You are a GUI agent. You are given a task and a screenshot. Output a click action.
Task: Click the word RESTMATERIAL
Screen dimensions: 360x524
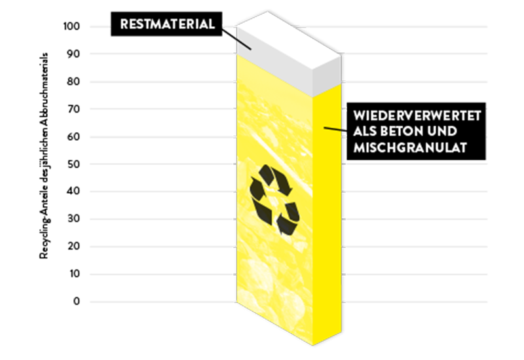167,25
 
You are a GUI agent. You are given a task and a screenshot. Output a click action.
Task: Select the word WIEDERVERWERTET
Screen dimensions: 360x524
417,116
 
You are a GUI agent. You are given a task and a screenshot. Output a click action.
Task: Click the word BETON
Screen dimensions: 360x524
404,132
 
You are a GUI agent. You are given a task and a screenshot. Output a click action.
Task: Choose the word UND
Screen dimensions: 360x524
452,132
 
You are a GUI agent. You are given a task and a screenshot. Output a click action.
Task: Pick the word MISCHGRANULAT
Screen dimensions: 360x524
409,149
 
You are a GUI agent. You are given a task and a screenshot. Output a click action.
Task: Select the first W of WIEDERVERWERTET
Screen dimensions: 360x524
358,116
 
